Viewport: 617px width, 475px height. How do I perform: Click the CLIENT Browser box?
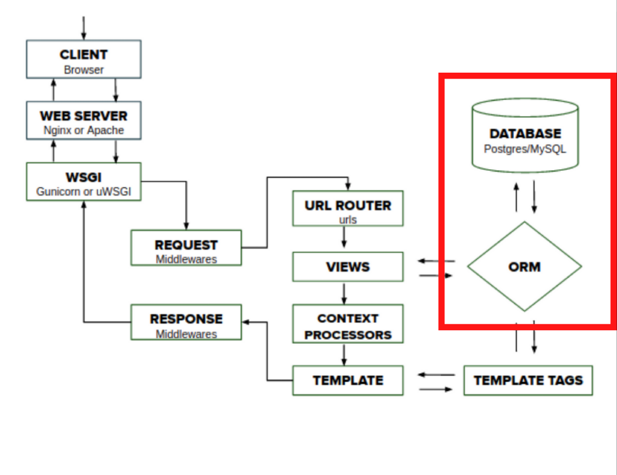pos(84,59)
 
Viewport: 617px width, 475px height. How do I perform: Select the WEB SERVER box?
pos(84,120)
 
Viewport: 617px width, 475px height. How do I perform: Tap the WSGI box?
pos(84,182)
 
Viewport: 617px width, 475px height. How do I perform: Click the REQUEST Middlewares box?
pos(186,248)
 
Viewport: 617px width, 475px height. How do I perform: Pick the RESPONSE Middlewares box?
pos(186,322)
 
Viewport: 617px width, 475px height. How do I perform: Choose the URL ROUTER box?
pos(348,209)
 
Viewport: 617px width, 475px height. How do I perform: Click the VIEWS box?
pos(348,267)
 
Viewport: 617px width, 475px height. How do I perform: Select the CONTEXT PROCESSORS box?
pos(348,324)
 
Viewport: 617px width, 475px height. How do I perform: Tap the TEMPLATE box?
pos(348,381)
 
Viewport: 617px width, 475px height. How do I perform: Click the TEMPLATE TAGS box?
pos(528,381)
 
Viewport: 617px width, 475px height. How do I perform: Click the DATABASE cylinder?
pos(525,136)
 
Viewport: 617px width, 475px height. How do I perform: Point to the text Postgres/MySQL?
pos(525,149)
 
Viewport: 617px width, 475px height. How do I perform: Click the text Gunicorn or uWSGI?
pos(84,191)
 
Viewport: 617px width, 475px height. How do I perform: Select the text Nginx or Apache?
pos(84,130)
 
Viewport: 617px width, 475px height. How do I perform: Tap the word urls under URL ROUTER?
pos(348,220)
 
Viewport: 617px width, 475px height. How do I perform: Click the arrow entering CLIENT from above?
pos(83,28)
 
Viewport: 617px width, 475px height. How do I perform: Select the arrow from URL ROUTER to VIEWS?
pos(344,237)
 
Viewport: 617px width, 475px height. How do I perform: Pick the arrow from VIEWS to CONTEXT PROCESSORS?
pos(344,293)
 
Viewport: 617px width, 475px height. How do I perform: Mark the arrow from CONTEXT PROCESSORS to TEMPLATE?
pos(344,355)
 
